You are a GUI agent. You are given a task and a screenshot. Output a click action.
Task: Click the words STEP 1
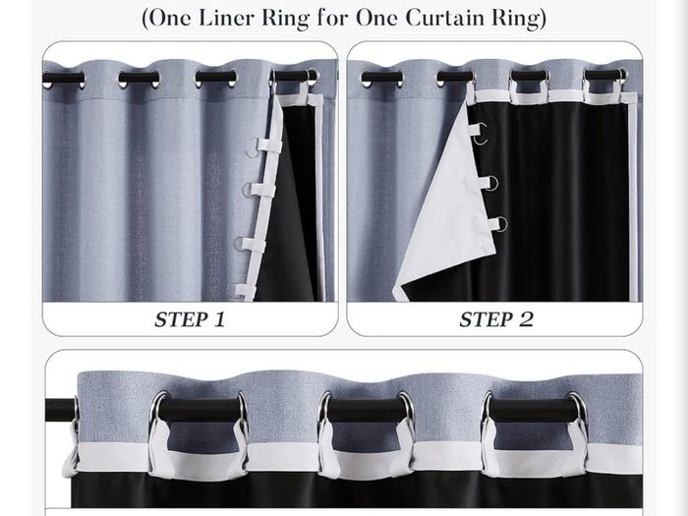190,319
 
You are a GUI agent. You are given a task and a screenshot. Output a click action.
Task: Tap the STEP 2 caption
496,319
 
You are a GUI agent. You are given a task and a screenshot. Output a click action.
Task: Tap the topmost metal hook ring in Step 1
251,147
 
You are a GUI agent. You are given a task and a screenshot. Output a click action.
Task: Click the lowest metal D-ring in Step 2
500,224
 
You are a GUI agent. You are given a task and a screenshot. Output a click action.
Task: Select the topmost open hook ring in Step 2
482,134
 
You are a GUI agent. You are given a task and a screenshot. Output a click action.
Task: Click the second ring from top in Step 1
248,190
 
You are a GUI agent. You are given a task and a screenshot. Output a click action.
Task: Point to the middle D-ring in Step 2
492,183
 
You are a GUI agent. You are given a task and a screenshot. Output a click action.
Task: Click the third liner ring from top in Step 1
240,244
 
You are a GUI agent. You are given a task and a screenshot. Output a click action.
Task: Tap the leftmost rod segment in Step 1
63,79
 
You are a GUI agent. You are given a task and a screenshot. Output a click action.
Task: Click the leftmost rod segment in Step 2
381,79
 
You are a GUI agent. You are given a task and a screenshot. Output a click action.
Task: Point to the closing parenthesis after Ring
543,19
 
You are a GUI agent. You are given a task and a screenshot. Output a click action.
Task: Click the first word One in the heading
172,18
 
